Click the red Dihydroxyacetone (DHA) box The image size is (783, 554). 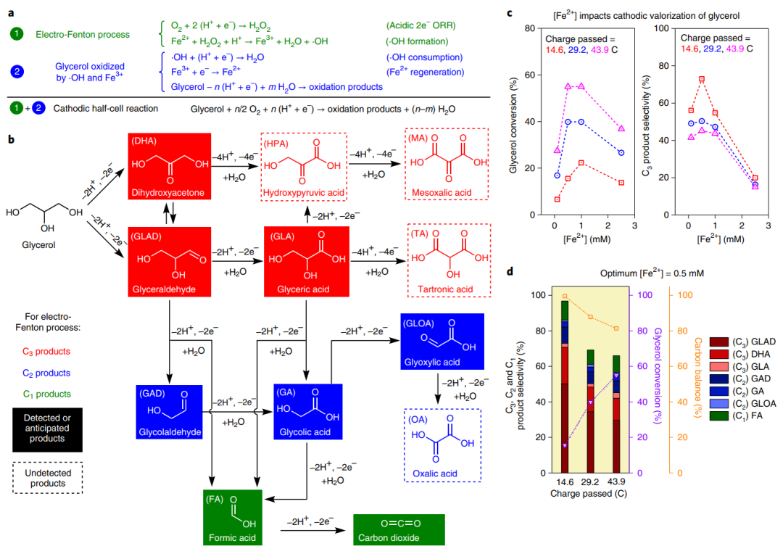(168, 166)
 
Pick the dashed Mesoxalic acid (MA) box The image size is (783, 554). (444, 166)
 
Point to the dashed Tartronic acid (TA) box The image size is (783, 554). (444, 260)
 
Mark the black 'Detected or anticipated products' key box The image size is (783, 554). (49, 429)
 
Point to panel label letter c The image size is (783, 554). (513, 13)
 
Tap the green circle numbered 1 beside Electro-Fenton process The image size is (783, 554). (14, 33)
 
